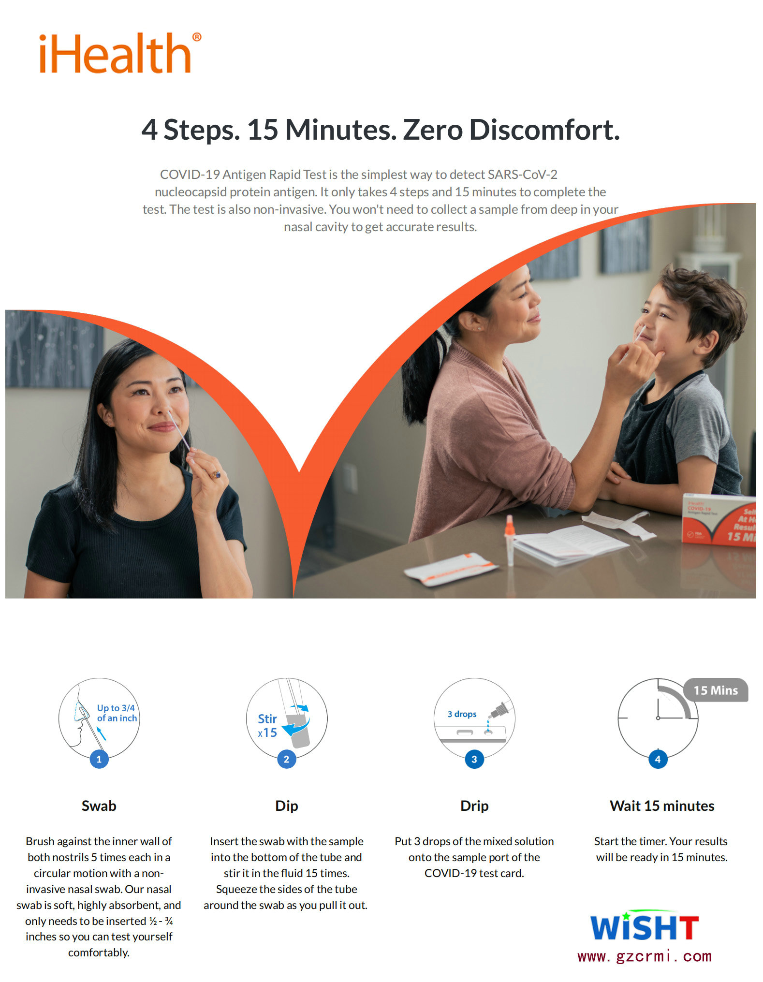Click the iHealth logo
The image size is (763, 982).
pyautogui.click(x=120, y=53)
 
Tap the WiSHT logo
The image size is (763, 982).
pyautogui.click(x=645, y=926)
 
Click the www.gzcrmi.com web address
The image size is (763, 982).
pyautogui.click(x=645, y=956)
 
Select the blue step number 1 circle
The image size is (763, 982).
pyautogui.click(x=99, y=759)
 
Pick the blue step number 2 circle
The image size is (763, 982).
pyautogui.click(x=287, y=759)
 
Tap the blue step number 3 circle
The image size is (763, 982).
pyautogui.click(x=474, y=759)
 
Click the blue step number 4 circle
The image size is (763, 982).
pyautogui.click(x=658, y=759)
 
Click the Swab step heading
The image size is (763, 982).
pyautogui.click(x=99, y=806)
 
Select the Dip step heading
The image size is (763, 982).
pyautogui.click(x=287, y=806)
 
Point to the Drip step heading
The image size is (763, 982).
pyautogui.click(x=474, y=806)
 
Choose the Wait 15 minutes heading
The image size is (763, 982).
pyautogui.click(x=662, y=806)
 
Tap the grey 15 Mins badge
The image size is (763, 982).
pyautogui.click(x=716, y=690)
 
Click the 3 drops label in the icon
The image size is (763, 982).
pyautogui.click(x=462, y=714)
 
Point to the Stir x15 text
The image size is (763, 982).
pyautogui.click(x=267, y=726)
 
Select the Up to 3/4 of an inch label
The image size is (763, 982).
pyautogui.click(x=117, y=713)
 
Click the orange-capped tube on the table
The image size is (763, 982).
pyautogui.click(x=509, y=539)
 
